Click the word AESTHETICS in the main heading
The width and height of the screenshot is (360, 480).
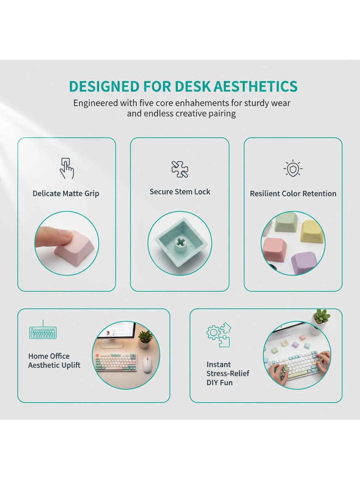click(x=255, y=86)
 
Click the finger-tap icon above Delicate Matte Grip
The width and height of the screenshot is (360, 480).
click(x=67, y=168)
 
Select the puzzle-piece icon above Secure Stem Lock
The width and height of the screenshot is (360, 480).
click(x=180, y=169)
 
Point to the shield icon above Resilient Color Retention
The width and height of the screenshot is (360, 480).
click(x=293, y=168)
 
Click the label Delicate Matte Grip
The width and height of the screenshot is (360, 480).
click(x=66, y=193)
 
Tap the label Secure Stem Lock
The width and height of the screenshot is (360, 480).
click(x=180, y=192)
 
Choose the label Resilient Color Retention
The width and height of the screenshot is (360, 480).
click(x=293, y=193)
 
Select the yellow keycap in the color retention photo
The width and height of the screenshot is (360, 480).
click(x=312, y=231)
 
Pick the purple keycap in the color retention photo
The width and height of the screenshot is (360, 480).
click(x=304, y=263)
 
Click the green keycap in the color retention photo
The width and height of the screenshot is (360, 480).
click(x=286, y=223)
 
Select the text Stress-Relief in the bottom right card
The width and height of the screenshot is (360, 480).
click(x=228, y=373)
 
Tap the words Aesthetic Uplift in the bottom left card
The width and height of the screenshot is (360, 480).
click(x=54, y=365)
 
